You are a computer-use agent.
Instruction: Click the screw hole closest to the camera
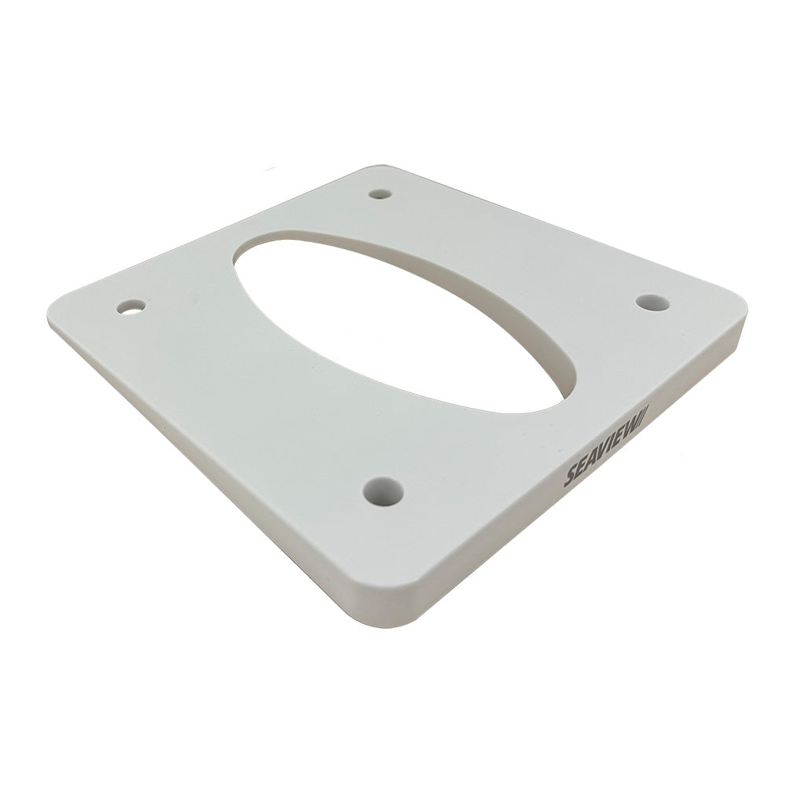(384, 492)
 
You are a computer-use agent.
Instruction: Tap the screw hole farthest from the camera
(380, 193)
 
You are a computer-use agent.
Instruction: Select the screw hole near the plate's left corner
(131, 306)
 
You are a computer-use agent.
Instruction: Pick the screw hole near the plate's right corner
(652, 303)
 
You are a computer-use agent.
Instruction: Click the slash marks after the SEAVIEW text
(643, 414)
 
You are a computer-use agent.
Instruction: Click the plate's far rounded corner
(377, 169)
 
